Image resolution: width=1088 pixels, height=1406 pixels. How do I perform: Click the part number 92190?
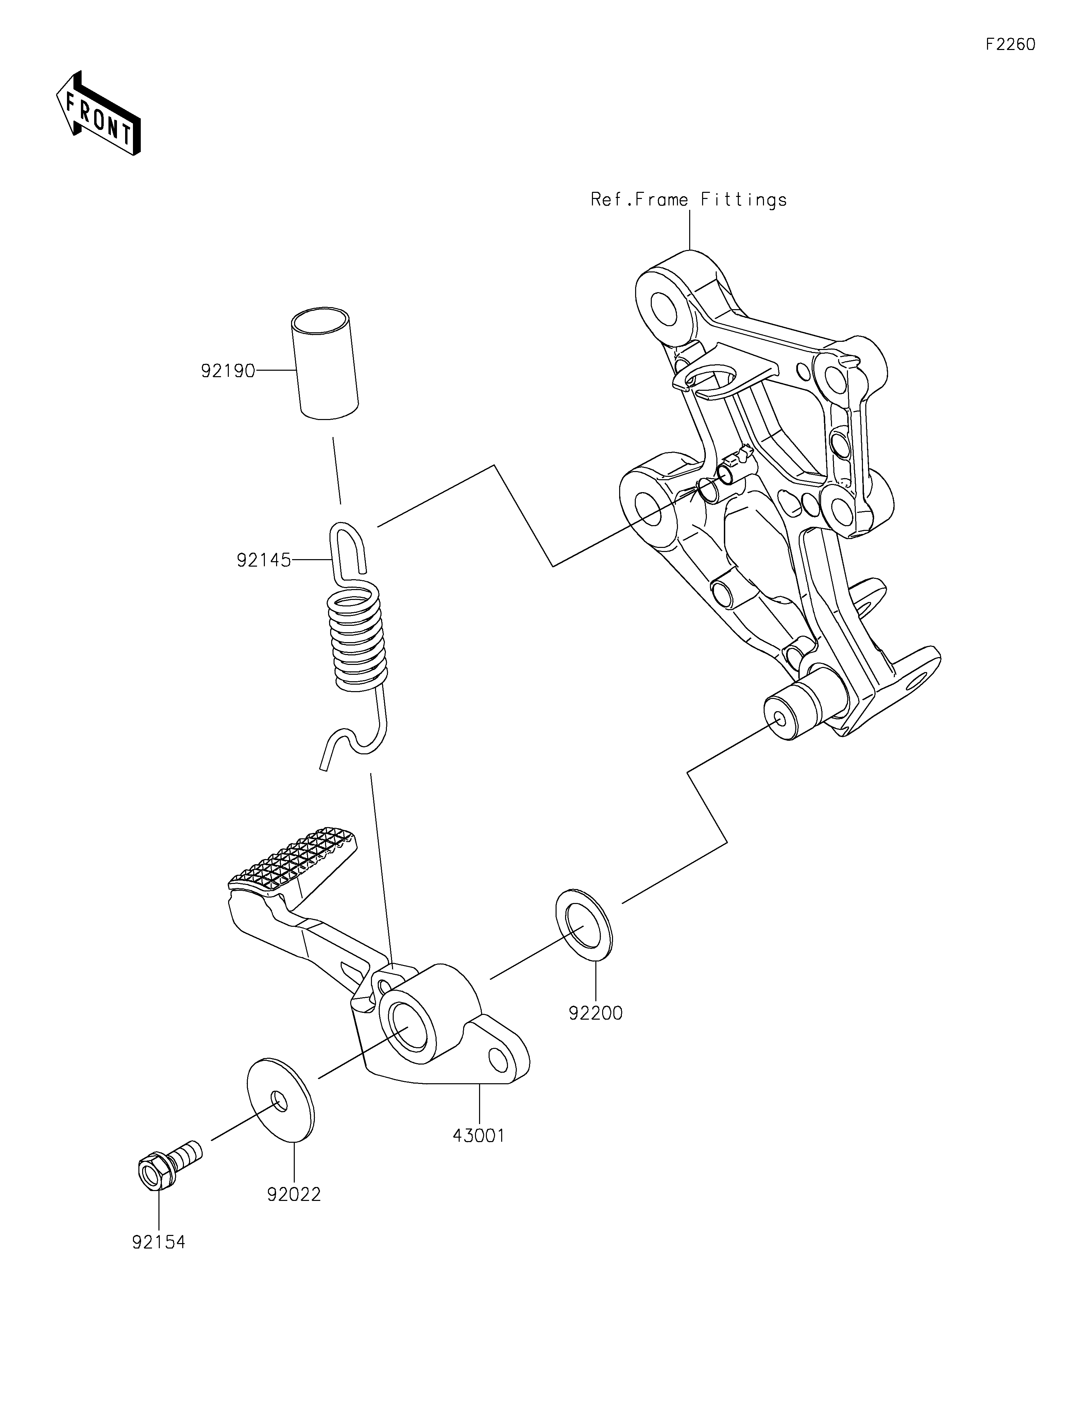click(x=228, y=371)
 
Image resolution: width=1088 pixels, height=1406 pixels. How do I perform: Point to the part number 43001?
click(x=479, y=1135)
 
